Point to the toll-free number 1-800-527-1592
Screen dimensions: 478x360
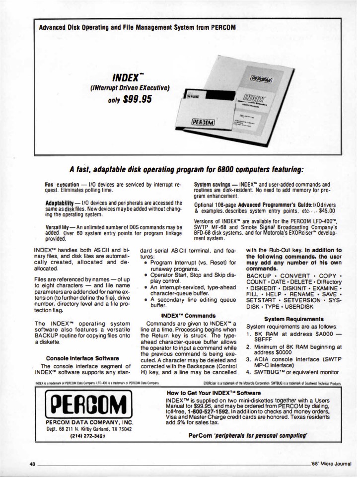tap(223, 411)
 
